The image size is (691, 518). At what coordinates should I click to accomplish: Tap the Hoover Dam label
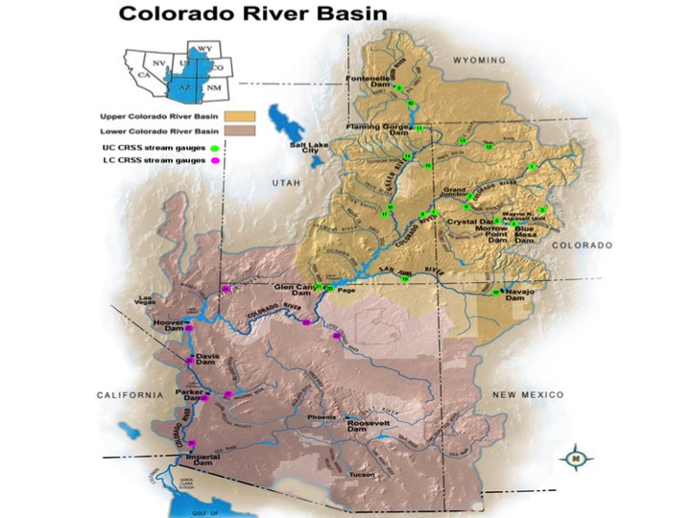pyautogui.click(x=168, y=326)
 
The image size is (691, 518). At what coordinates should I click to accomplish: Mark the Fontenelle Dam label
pyautogui.click(x=365, y=82)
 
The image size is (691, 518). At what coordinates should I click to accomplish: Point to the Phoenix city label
pyautogui.click(x=322, y=418)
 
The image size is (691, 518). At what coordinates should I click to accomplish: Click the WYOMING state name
pyautogui.click(x=477, y=60)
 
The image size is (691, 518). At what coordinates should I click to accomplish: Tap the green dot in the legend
pyautogui.click(x=213, y=149)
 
